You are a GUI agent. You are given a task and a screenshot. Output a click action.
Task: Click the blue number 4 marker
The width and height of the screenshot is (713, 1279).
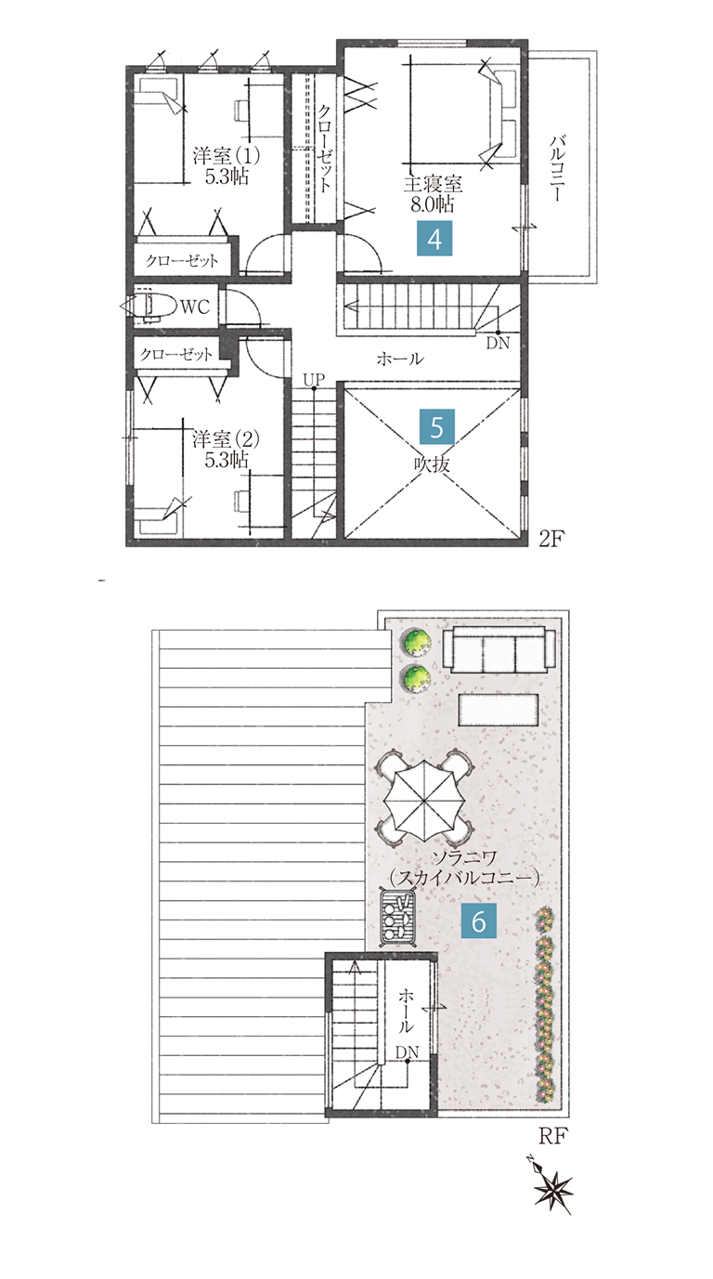[x=434, y=238]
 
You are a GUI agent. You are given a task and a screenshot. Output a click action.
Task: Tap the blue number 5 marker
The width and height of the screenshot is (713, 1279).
[x=436, y=426]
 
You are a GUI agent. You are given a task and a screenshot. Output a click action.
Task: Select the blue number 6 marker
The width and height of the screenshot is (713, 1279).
[x=478, y=920]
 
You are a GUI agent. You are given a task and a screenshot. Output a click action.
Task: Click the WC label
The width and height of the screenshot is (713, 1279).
[x=195, y=307]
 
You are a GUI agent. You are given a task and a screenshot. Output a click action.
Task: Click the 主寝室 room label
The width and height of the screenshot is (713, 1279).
[x=433, y=183]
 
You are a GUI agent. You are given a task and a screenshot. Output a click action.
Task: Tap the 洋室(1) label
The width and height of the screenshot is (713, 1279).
[x=226, y=155]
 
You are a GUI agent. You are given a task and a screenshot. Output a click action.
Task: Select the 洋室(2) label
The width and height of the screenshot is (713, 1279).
[x=226, y=439]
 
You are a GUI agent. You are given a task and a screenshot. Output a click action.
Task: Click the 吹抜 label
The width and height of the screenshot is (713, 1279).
[x=432, y=464]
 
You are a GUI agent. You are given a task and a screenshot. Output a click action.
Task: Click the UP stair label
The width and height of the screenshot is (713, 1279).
[x=314, y=379]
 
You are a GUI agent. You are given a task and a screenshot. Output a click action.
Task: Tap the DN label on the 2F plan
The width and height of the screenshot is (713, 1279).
[x=498, y=343]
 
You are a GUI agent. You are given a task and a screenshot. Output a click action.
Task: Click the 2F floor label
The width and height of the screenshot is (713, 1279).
[x=551, y=538]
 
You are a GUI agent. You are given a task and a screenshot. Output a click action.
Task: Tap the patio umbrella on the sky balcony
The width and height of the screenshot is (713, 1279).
[x=423, y=799]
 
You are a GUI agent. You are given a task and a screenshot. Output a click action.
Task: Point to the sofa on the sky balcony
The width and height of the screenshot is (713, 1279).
[x=499, y=649]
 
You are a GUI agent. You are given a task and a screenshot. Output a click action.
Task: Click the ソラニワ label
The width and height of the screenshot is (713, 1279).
[x=464, y=858]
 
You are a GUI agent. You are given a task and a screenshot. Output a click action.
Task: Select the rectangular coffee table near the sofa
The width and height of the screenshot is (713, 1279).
[x=499, y=710]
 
